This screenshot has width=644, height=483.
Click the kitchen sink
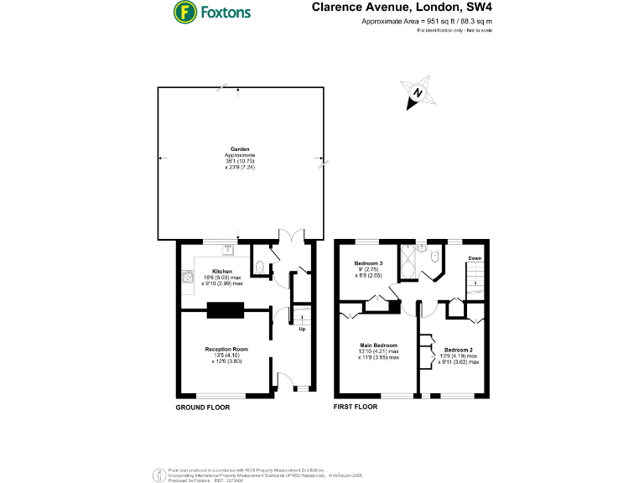228,248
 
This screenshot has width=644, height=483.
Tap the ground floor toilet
260,267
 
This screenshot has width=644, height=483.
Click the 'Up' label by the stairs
302,329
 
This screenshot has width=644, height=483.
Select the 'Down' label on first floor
475,258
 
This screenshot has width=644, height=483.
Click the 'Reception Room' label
226,349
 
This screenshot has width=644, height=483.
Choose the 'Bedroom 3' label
367,263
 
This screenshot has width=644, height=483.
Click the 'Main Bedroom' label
379,345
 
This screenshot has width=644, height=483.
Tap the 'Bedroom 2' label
459,350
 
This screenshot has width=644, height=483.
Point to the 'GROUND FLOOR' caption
202,407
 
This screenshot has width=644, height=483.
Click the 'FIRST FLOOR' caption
356,407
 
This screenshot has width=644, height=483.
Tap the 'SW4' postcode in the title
477,8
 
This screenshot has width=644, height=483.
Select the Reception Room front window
221,394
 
